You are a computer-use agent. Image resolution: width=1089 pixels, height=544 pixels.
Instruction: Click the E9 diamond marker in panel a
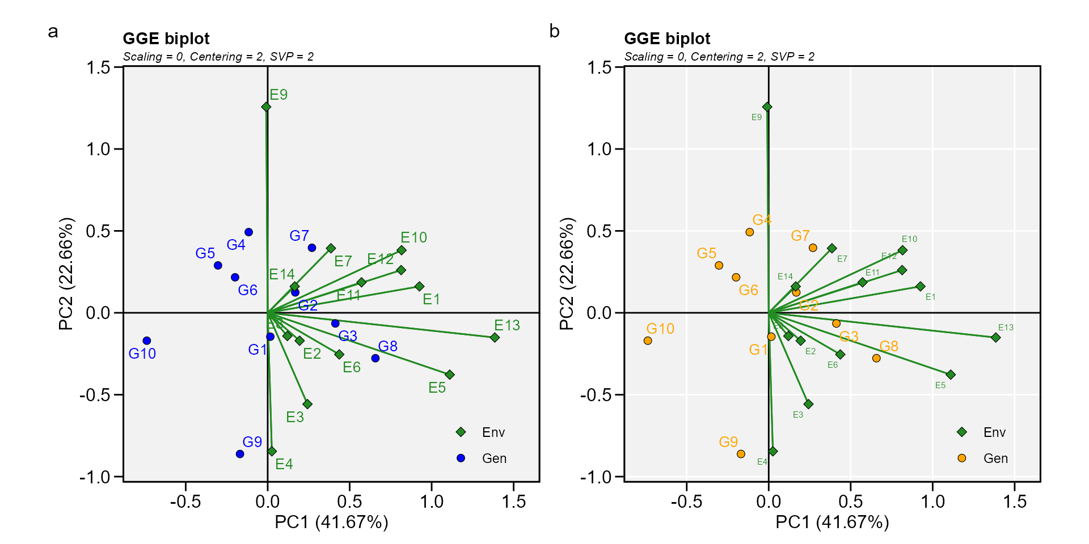pyautogui.click(x=266, y=107)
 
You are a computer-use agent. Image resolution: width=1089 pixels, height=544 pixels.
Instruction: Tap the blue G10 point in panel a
pyautogui.click(x=147, y=341)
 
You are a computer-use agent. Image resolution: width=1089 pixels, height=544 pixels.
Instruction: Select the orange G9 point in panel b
pyautogui.click(x=741, y=454)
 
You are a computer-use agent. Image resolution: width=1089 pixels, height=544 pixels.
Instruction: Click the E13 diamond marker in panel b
pyautogui.click(x=995, y=338)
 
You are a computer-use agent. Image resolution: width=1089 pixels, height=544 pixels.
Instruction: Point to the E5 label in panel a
pyautogui.click(x=437, y=388)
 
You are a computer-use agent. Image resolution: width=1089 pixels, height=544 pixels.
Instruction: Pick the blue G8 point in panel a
pyautogui.click(x=375, y=358)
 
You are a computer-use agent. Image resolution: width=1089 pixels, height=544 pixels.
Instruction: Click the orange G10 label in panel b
pyautogui.click(x=660, y=329)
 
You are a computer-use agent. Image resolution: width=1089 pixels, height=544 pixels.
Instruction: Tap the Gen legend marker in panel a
pyautogui.click(x=461, y=458)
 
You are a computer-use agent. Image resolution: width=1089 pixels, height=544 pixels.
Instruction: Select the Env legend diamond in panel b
pyautogui.click(x=961, y=432)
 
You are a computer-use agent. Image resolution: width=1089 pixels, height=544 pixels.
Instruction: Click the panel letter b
pyautogui.click(x=554, y=32)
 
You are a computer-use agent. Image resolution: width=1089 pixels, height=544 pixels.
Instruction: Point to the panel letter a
pyautogui.click(x=53, y=32)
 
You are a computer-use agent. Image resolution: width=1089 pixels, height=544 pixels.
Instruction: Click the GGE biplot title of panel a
pyautogui.click(x=166, y=39)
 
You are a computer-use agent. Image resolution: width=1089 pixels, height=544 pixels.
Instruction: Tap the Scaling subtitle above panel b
pyautogui.click(x=719, y=57)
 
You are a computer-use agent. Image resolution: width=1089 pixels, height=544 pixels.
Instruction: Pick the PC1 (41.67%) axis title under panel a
pyautogui.click(x=331, y=522)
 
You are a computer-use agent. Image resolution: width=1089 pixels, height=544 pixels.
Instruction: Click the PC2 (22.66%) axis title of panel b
pyautogui.click(x=567, y=273)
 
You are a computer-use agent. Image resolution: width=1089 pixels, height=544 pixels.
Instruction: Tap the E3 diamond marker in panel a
pyautogui.click(x=307, y=404)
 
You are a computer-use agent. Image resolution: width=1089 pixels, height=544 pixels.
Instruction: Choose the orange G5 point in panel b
pyautogui.click(x=719, y=265)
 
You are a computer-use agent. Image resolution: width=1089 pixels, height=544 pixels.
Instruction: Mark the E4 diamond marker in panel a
pyautogui.click(x=272, y=452)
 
